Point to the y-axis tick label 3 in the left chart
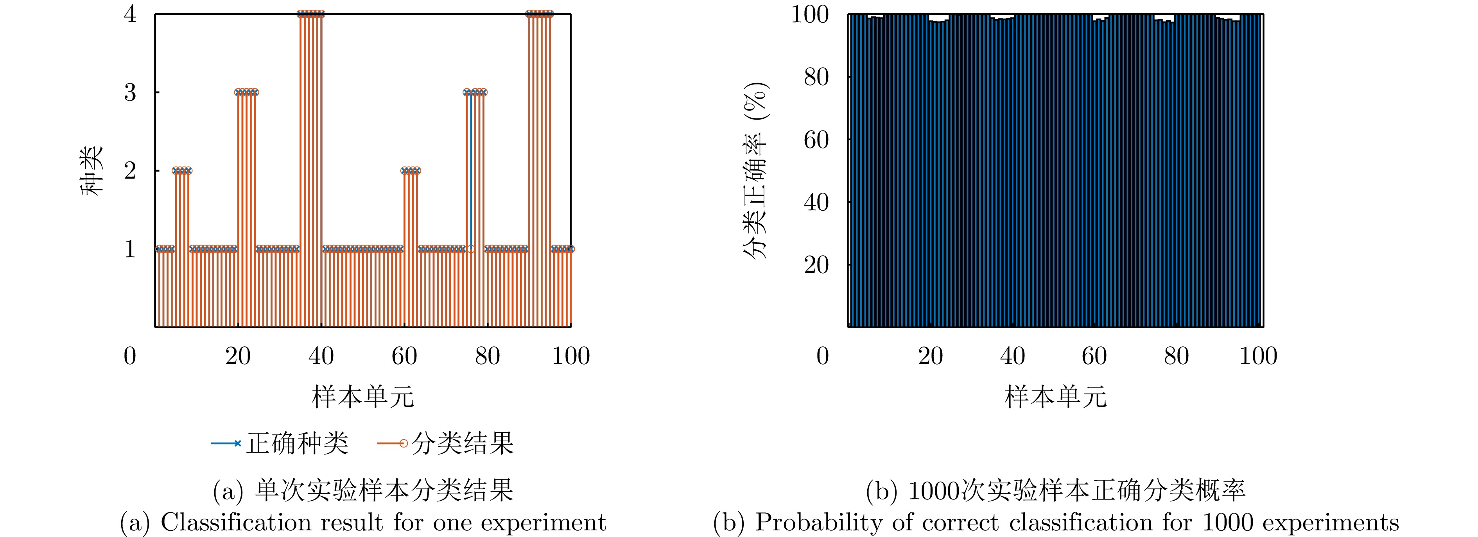pyautogui.click(x=130, y=92)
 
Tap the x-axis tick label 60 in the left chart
pyautogui.click(x=404, y=356)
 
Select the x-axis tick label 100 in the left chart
pyautogui.click(x=570, y=356)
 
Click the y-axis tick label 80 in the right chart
pyautogui.click(x=816, y=77)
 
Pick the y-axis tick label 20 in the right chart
pyautogui.click(x=816, y=265)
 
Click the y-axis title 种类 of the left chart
pyautogui.click(x=92, y=170)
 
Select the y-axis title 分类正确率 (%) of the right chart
pyautogui.click(x=756, y=170)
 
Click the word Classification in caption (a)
pyautogui.click(x=235, y=523)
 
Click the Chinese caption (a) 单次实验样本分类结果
pyautogui.click(x=383, y=490)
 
